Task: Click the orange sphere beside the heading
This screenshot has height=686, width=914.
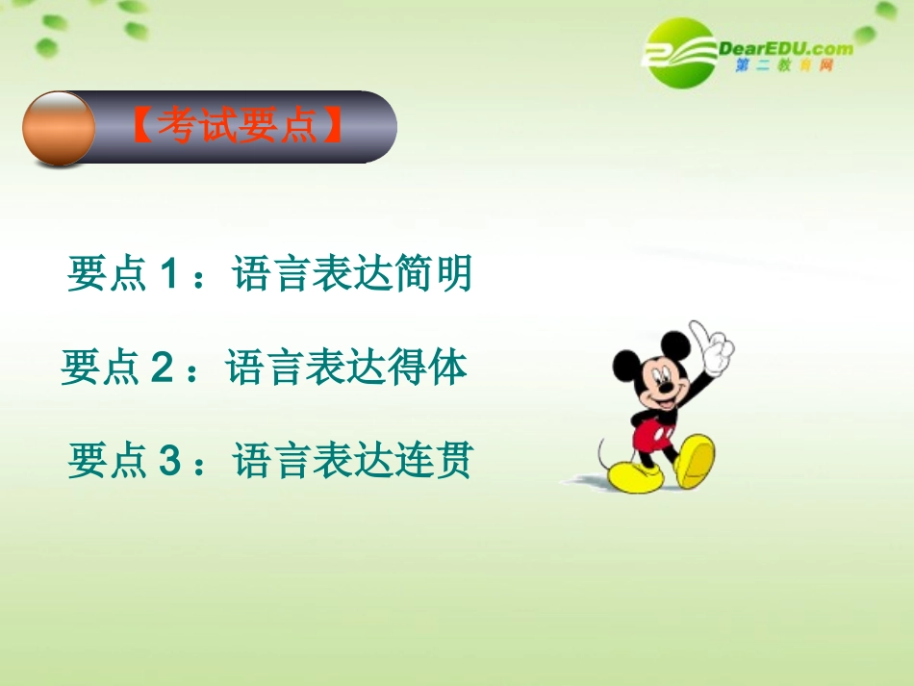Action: (x=58, y=128)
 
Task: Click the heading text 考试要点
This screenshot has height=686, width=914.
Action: (x=237, y=126)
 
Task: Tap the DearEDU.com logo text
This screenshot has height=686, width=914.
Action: (x=784, y=47)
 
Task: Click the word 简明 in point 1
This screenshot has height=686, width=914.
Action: (x=433, y=274)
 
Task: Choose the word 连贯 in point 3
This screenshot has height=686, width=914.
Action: (x=433, y=461)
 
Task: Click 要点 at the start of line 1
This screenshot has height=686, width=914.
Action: (x=106, y=275)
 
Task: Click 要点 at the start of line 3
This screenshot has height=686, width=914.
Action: (x=106, y=462)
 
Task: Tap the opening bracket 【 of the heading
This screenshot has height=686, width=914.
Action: (x=140, y=127)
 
